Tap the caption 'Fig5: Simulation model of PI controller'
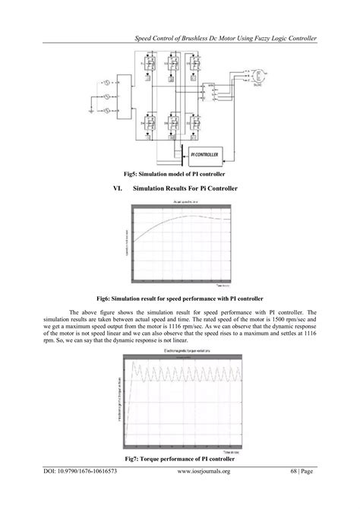(x=180, y=174)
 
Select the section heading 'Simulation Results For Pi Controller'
(x=185, y=188)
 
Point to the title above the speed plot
(x=180, y=202)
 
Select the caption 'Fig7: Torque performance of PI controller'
(x=180, y=460)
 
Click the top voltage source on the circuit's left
(x=108, y=81)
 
